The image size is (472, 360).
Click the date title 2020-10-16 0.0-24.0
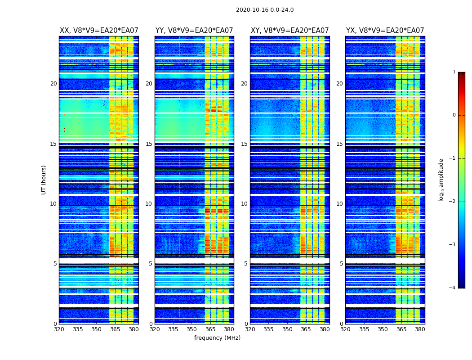(x=265, y=10)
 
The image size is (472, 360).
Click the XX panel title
(x=99, y=31)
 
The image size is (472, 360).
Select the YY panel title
(x=194, y=31)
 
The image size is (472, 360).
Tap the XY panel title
(x=290, y=31)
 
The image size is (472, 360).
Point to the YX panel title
(x=385, y=31)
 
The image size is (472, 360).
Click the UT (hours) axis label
(x=44, y=180)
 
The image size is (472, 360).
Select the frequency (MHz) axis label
(x=217, y=338)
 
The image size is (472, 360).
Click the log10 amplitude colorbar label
(x=441, y=180)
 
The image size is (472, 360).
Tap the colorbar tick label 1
(x=454, y=72)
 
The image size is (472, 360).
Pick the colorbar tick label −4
(x=453, y=288)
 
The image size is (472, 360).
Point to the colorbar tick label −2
(x=453, y=202)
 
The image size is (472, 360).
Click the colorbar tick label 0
(x=454, y=115)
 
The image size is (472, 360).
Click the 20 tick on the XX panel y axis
(x=53, y=84)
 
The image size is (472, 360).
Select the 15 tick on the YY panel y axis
(x=149, y=144)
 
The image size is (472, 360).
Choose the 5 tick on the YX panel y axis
(x=341, y=264)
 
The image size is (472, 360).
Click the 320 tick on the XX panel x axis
(x=59, y=329)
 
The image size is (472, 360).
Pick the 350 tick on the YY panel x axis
(x=192, y=329)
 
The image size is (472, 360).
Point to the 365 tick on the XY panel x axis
(x=306, y=329)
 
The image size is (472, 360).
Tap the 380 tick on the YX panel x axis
(x=420, y=329)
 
